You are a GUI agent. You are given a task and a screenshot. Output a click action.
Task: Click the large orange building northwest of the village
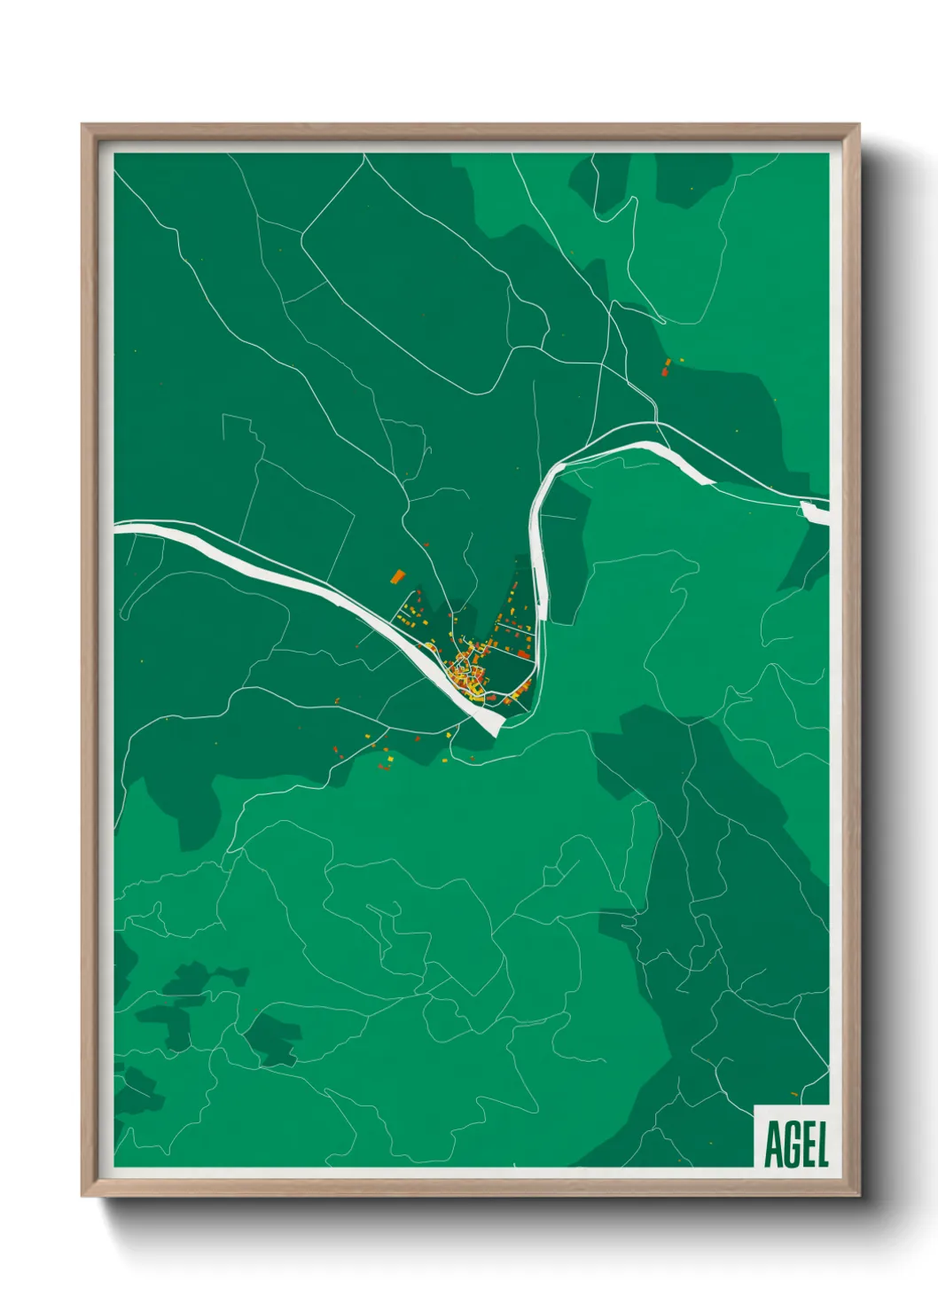[397, 576]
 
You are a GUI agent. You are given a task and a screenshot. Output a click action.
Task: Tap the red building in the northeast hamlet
[665, 371]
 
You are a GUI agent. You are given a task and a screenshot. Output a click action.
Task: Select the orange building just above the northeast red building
[668, 362]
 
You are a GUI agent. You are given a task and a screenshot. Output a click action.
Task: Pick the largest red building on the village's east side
[521, 685]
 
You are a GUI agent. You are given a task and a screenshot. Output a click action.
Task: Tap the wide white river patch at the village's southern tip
[488, 722]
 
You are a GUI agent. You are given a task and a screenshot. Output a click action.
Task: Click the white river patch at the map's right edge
[813, 512]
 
